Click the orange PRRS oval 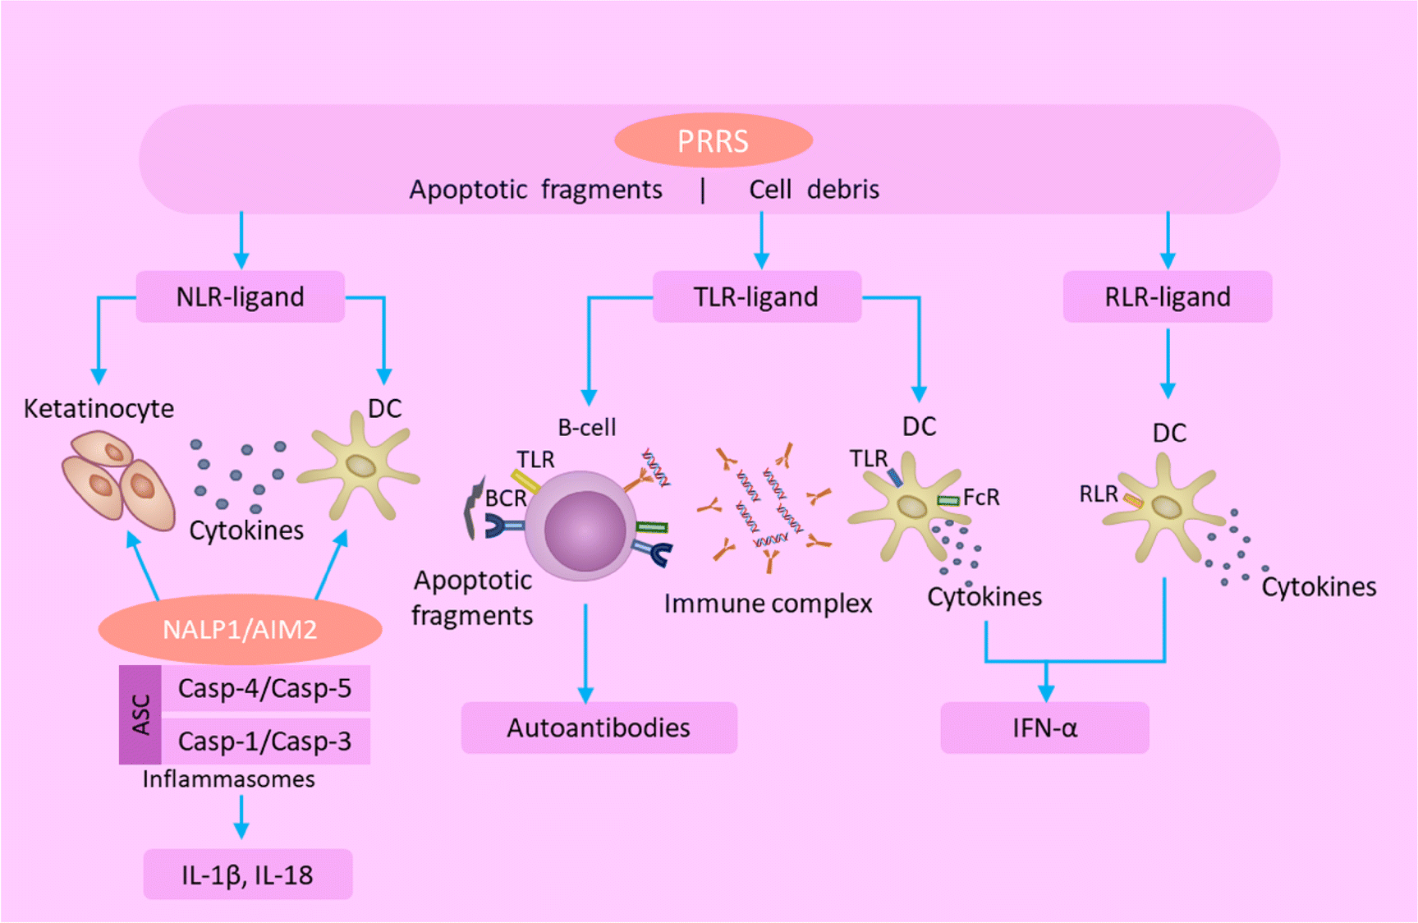713,141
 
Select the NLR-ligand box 240,296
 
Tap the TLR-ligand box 755,296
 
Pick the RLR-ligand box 1167,296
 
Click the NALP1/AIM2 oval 240,629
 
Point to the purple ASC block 140,714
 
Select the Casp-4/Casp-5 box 264,688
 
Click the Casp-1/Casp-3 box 264,741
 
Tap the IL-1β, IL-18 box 247,875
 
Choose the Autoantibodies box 599,728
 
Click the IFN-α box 1044,728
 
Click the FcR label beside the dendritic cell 981,497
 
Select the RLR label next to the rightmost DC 1098,494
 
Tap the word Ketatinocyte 99,408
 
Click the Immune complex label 768,604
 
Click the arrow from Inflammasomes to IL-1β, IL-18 241,816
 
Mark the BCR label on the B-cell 506,498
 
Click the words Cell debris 814,190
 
